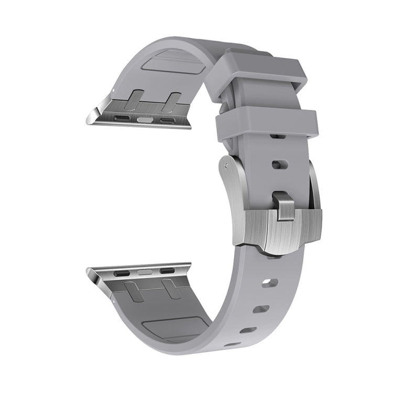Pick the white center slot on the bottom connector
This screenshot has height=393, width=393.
point(144,272)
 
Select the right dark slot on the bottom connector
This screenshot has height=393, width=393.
point(166,271)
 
